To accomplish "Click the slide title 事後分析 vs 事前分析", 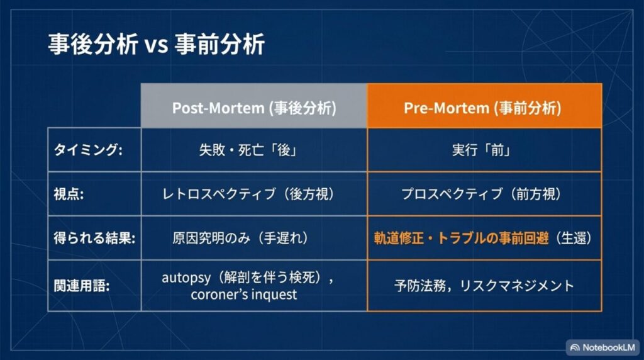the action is pyautogui.click(x=157, y=45).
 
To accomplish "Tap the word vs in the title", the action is pyautogui.click(x=156, y=45).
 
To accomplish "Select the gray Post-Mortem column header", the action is pyautogui.click(x=254, y=106).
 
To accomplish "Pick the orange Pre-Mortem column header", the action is pyautogui.click(x=485, y=106).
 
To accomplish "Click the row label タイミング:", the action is pyautogui.click(x=88, y=150).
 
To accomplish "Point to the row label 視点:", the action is pyautogui.click(x=69, y=194).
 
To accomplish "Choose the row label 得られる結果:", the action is pyautogui.click(x=94, y=238).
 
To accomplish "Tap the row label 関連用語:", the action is pyautogui.click(x=81, y=285).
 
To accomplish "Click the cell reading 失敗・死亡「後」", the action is pyautogui.click(x=248, y=150).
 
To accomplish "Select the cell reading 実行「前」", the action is pyautogui.click(x=481, y=150).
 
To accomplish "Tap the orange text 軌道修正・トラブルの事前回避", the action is pyautogui.click(x=461, y=238).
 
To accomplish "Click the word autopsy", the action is pyautogui.click(x=186, y=278).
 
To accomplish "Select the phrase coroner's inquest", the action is pyautogui.click(x=243, y=295).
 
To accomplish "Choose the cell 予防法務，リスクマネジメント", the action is pyautogui.click(x=484, y=286).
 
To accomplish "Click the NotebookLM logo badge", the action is pyautogui.click(x=602, y=347).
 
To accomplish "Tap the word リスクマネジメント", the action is pyautogui.click(x=517, y=286).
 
